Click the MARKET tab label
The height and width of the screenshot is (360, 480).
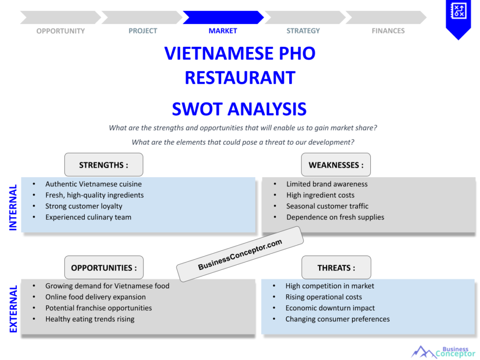coord(223,31)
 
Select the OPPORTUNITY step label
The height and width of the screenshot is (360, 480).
coord(60,31)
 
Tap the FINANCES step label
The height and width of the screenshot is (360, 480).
coord(388,31)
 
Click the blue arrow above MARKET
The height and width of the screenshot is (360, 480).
coord(223,17)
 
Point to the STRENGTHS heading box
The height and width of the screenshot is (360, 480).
coord(104,165)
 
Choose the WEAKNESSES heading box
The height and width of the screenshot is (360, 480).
coord(336,165)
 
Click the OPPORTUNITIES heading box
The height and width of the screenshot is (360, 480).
coord(104,268)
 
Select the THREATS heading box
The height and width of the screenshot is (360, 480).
coord(336,268)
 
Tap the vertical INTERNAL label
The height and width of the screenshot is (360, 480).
coord(13,207)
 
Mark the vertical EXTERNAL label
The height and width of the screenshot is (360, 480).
coord(13,309)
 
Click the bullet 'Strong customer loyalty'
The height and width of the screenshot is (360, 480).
coord(83,206)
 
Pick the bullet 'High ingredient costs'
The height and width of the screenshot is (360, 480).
coord(320,195)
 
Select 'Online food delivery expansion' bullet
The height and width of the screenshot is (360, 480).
coord(95,297)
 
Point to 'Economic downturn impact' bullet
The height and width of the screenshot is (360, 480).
coord(330,308)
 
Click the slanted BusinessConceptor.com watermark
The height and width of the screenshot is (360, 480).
coord(240,254)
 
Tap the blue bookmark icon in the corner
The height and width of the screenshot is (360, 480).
coord(458,18)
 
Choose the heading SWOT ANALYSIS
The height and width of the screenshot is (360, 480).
coord(239,109)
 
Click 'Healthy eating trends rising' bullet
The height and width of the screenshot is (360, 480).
coord(90,319)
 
